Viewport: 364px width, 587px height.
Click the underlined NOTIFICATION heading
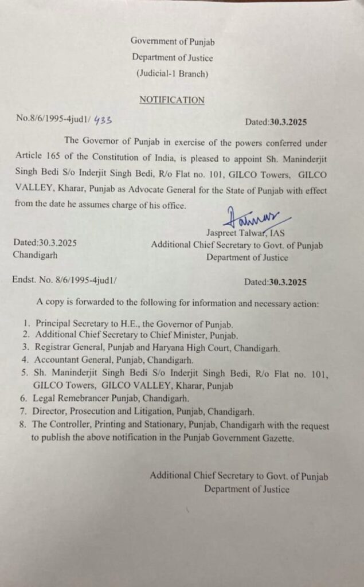point(172,100)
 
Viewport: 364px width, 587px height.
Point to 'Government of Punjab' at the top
point(173,41)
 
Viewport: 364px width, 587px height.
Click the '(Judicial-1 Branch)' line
point(172,73)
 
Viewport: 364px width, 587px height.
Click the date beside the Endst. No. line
point(276,281)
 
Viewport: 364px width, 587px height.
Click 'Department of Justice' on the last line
point(247,489)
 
